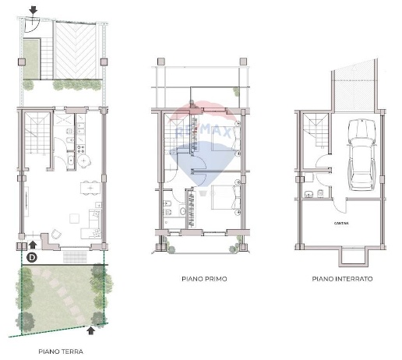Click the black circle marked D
click(32, 256)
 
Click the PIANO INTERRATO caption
click(342, 278)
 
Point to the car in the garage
click(359, 154)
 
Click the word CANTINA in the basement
click(343, 223)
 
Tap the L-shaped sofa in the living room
click(93, 222)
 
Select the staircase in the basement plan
click(317, 129)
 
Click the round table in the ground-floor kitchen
click(71, 162)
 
